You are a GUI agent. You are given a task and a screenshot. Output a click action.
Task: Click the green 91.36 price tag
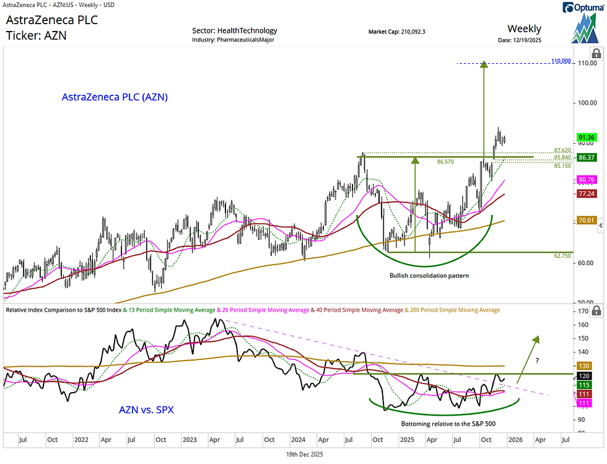[x=586, y=138]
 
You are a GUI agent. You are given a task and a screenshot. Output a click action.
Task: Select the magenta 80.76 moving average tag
[x=586, y=180]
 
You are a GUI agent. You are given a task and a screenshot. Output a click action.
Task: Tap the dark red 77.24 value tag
[x=586, y=194]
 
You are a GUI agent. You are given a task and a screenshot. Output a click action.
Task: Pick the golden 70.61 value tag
[x=586, y=220]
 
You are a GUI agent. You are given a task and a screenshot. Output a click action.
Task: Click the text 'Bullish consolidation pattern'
[x=429, y=275]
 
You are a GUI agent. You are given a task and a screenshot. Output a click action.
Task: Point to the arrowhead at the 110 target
[x=484, y=64]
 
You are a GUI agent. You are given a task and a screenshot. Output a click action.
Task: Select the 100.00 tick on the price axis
[x=586, y=103]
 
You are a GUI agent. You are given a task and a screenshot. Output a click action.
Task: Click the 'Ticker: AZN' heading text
[x=37, y=35]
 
